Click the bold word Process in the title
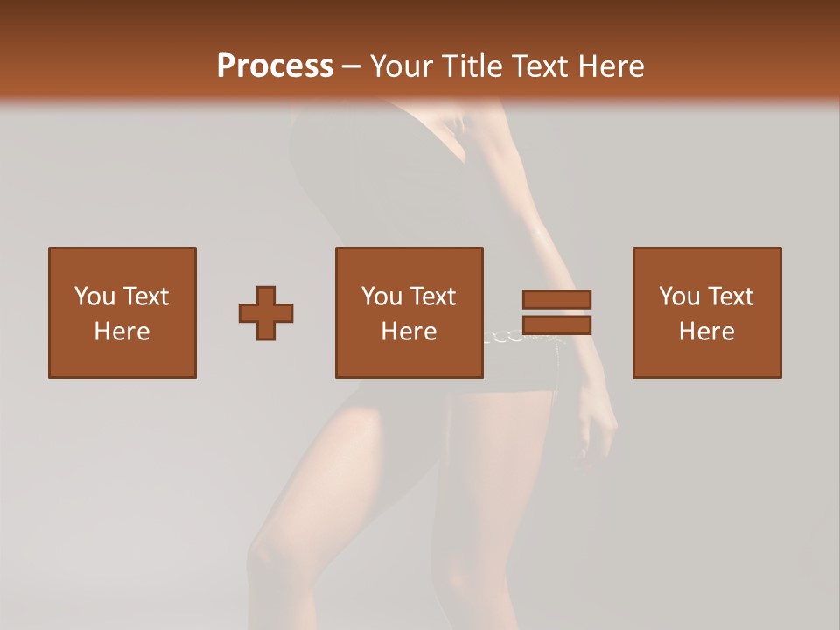(x=275, y=66)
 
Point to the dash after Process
(x=351, y=67)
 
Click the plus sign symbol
(x=266, y=312)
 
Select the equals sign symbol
(x=556, y=312)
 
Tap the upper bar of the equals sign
(x=556, y=299)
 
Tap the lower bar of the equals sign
(x=556, y=325)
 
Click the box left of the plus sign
(x=122, y=312)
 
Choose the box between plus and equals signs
(x=409, y=312)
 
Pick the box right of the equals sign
(x=706, y=312)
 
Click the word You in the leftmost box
(x=94, y=297)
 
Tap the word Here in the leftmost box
(x=122, y=332)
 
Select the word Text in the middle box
(x=433, y=297)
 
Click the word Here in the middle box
(x=409, y=332)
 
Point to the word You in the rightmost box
(x=679, y=297)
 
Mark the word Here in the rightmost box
(x=706, y=332)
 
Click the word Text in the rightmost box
(x=731, y=297)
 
